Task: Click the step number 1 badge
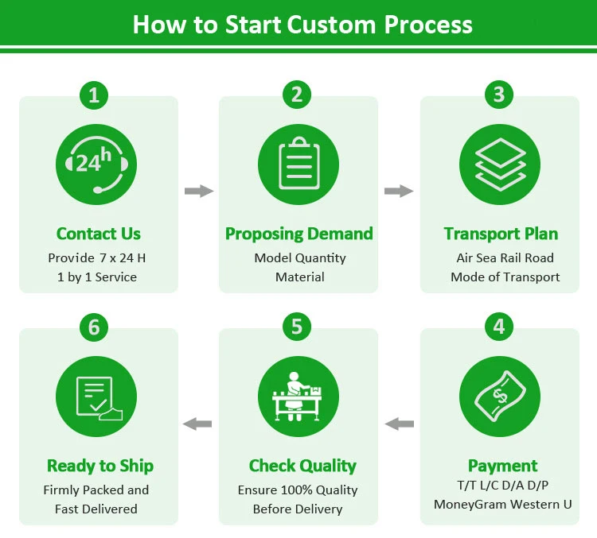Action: click(x=94, y=95)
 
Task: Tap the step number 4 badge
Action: click(x=499, y=327)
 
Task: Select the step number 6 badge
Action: click(x=94, y=327)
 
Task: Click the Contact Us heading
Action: click(x=98, y=234)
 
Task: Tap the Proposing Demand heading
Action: click(x=299, y=234)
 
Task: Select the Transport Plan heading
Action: click(x=501, y=234)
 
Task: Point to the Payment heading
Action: click(x=502, y=466)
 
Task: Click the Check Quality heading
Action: click(x=302, y=466)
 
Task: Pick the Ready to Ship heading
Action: click(x=99, y=466)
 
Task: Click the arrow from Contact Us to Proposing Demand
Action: click(x=199, y=191)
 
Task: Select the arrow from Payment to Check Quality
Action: click(x=400, y=424)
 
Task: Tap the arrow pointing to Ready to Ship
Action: click(x=197, y=424)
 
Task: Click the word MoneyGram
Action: click(x=470, y=504)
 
